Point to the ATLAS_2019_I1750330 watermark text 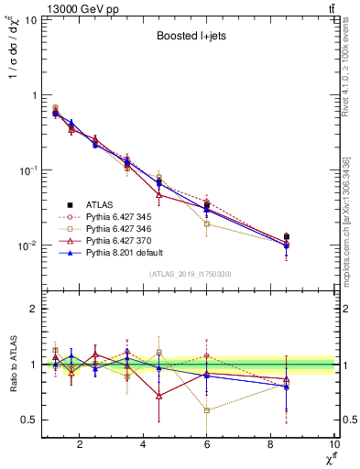(189, 274)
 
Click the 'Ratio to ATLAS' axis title (12, 364)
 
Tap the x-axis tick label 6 (207, 446)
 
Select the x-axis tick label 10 (334, 446)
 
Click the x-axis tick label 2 (80, 446)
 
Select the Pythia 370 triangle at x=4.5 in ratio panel (159, 396)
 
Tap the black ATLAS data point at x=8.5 (287, 236)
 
